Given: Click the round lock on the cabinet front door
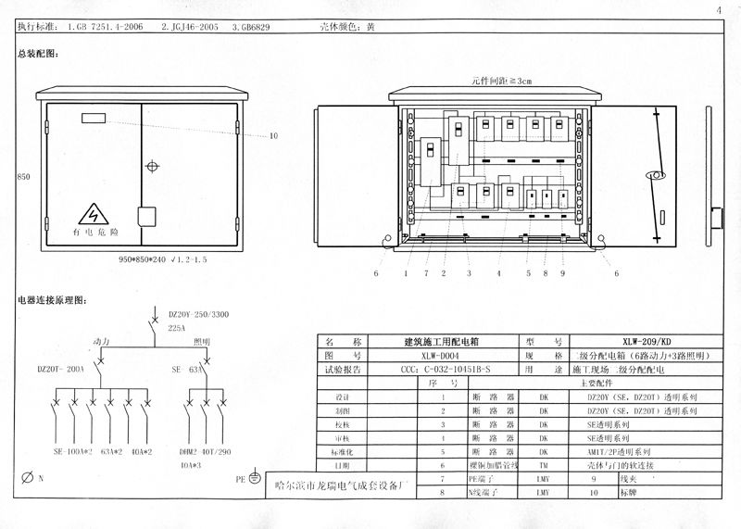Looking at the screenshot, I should [153, 168].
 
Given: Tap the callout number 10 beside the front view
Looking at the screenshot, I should [273, 136].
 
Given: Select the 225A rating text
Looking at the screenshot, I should [177, 327].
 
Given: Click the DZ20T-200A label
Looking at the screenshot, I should [60, 369].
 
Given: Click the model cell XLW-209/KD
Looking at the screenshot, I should [647, 341].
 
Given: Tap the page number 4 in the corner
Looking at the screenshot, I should [718, 10].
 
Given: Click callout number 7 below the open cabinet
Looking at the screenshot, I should [426, 273].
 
